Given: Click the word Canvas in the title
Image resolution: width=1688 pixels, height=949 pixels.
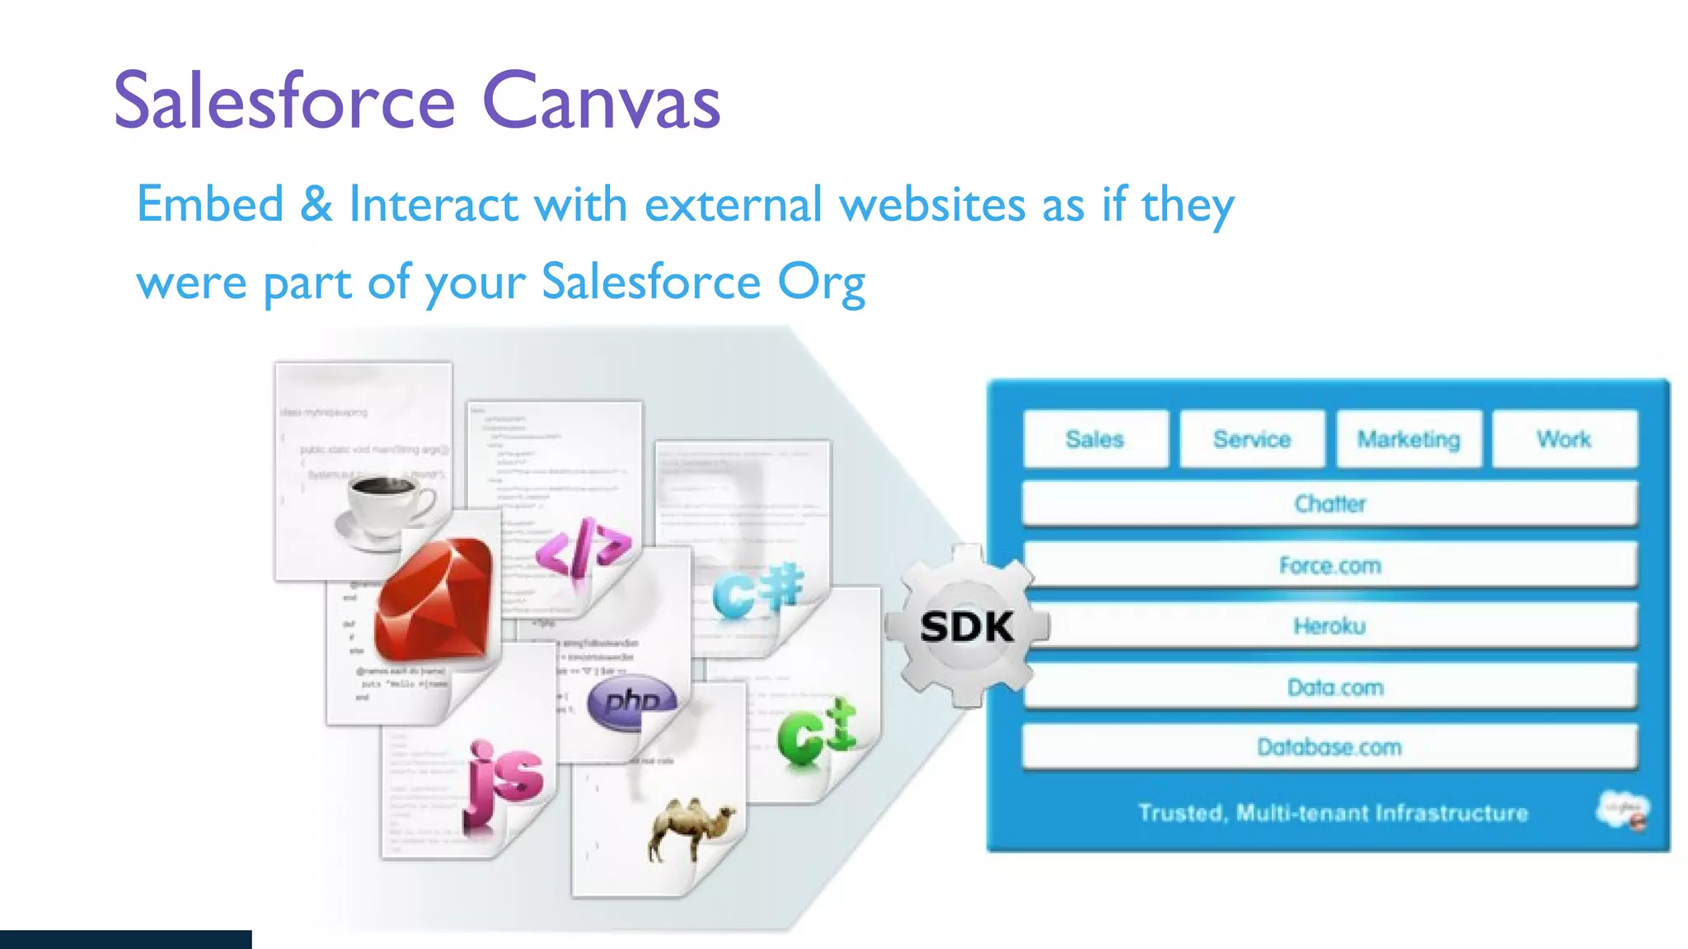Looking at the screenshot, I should click(x=600, y=102).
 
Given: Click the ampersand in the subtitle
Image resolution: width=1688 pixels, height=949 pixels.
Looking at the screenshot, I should click(x=316, y=204).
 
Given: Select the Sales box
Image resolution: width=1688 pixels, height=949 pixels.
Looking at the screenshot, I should click(x=1095, y=439).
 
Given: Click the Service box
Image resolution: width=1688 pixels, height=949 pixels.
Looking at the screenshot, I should click(x=1251, y=439).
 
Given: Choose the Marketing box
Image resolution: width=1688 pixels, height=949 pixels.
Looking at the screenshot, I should click(x=1408, y=439).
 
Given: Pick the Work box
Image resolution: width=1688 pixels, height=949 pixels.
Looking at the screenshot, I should click(x=1564, y=439).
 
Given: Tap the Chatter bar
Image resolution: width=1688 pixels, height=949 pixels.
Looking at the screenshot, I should click(x=1329, y=503).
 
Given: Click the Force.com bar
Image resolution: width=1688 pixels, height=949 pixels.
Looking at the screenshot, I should click(x=1329, y=565).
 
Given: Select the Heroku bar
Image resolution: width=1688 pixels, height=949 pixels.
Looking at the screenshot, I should click(x=1329, y=626).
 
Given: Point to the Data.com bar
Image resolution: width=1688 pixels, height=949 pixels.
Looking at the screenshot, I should click(x=1329, y=687).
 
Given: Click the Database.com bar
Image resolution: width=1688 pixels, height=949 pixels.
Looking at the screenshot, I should click(x=1329, y=747).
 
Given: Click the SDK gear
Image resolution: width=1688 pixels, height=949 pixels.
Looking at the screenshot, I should click(x=967, y=627).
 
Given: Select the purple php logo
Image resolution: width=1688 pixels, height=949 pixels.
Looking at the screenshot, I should click(x=631, y=701).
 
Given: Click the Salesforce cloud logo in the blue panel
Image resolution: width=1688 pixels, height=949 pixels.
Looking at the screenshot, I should click(x=1623, y=811).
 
